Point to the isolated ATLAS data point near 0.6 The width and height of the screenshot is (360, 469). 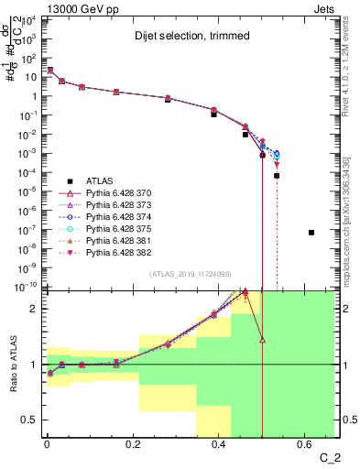point(311,233)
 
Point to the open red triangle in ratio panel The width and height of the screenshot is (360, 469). point(263,340)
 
